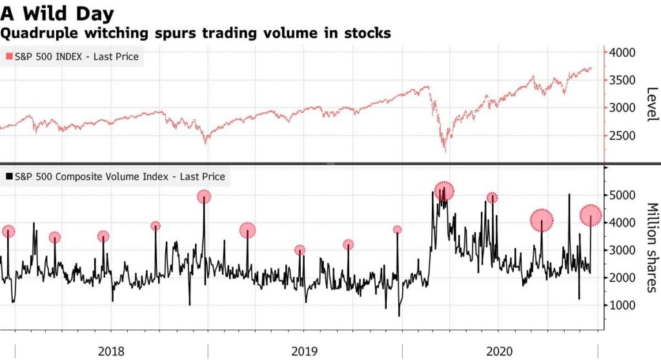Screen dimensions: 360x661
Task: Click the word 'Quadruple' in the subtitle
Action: point(36,32)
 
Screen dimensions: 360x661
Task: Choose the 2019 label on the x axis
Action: point(305,352)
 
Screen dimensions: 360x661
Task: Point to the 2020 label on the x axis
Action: point(499,352)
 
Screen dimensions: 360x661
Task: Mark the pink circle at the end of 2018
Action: point(204,197)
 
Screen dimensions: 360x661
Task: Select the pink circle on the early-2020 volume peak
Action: point(444,191)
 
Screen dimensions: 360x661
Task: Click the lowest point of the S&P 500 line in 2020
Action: point(445,152)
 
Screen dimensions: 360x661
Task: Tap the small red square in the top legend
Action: point(8,57)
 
